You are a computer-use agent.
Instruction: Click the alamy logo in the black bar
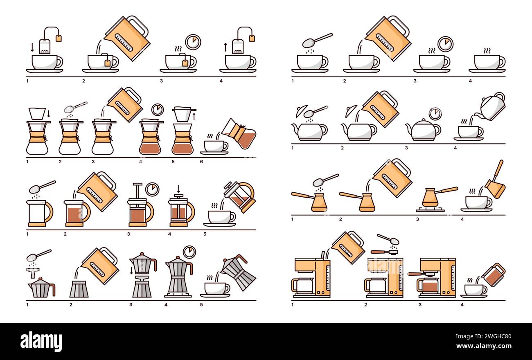[x=41, y=341]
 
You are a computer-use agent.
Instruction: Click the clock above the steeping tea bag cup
[x=193, y=42]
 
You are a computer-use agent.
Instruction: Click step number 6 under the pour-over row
[x=201, y=162]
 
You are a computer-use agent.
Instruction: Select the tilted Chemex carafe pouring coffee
[x=239, y=134]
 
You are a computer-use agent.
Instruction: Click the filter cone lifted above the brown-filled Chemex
[x=183, y=114]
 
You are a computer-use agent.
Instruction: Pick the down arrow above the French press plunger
[x=178, y=189]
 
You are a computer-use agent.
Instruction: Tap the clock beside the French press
[x=152, y=189]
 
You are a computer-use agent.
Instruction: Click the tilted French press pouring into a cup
[x=239, y=196]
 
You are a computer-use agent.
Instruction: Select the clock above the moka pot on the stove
[x=189, y=252]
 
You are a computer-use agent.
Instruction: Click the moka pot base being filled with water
[x=79, y=289]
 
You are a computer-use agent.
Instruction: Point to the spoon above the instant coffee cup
[x=317, y=40]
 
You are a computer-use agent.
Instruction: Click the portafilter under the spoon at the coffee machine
[x=385, y=252]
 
